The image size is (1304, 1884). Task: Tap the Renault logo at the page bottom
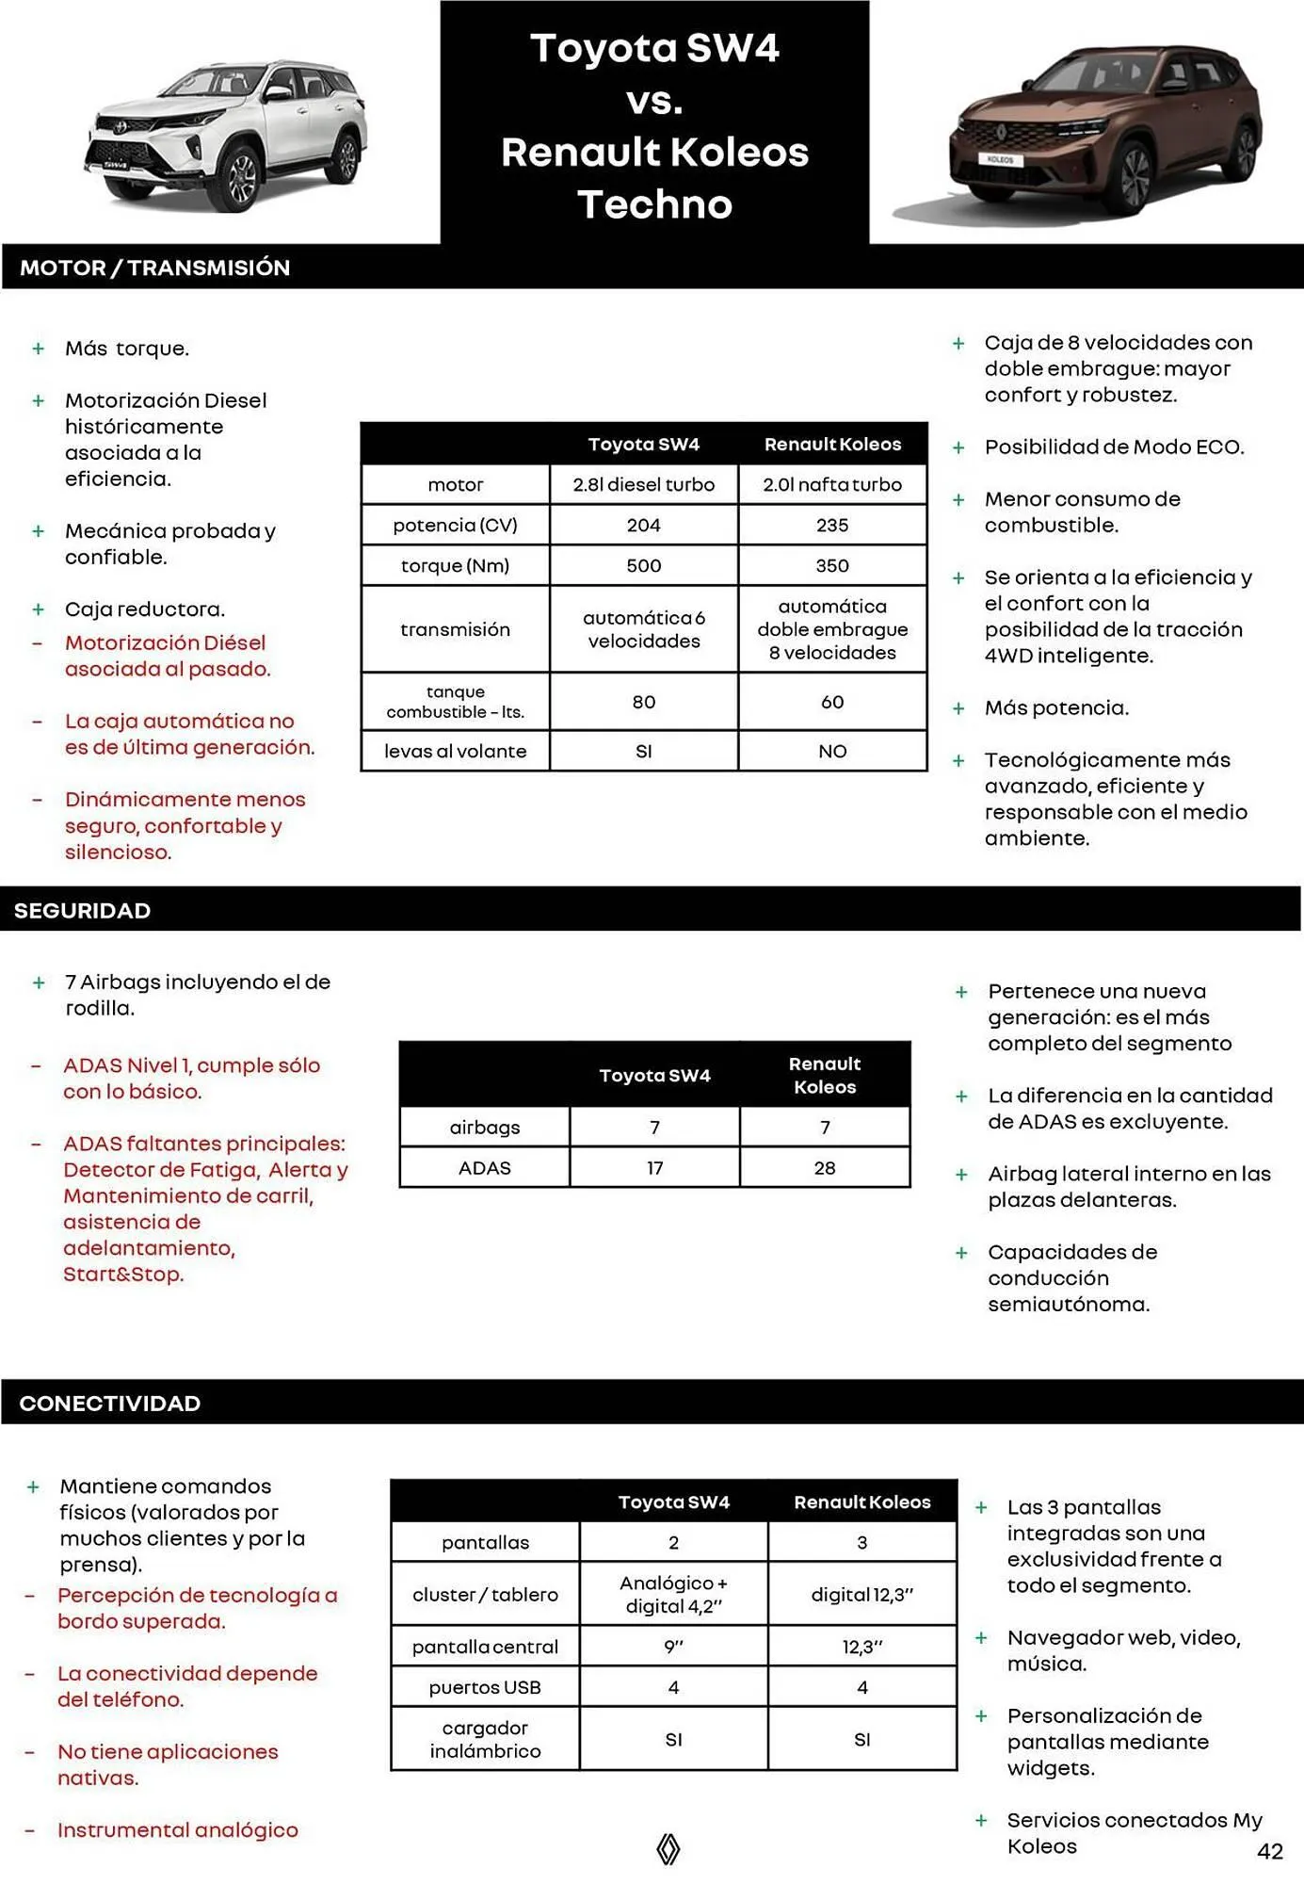668,1848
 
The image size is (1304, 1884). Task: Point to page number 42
1269,1851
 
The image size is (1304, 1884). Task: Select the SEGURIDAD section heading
82,910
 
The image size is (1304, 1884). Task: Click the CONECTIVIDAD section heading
109,1403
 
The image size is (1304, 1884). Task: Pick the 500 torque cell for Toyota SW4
643,565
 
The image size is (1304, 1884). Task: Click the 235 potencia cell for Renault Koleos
831,525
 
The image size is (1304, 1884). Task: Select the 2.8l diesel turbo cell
643,484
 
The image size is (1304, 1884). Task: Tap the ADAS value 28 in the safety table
824,1167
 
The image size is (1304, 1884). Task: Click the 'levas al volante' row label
455,751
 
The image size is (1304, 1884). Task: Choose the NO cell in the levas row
831,751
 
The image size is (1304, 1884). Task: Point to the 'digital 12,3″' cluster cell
861,1594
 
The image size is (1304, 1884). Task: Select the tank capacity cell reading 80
643,702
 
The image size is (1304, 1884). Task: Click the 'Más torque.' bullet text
126,349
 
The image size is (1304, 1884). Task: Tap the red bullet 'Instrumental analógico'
177,1829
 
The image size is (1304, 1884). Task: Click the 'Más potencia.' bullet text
1056,707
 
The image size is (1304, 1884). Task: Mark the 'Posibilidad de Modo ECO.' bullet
1114,447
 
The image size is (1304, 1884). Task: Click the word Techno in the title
654,203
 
